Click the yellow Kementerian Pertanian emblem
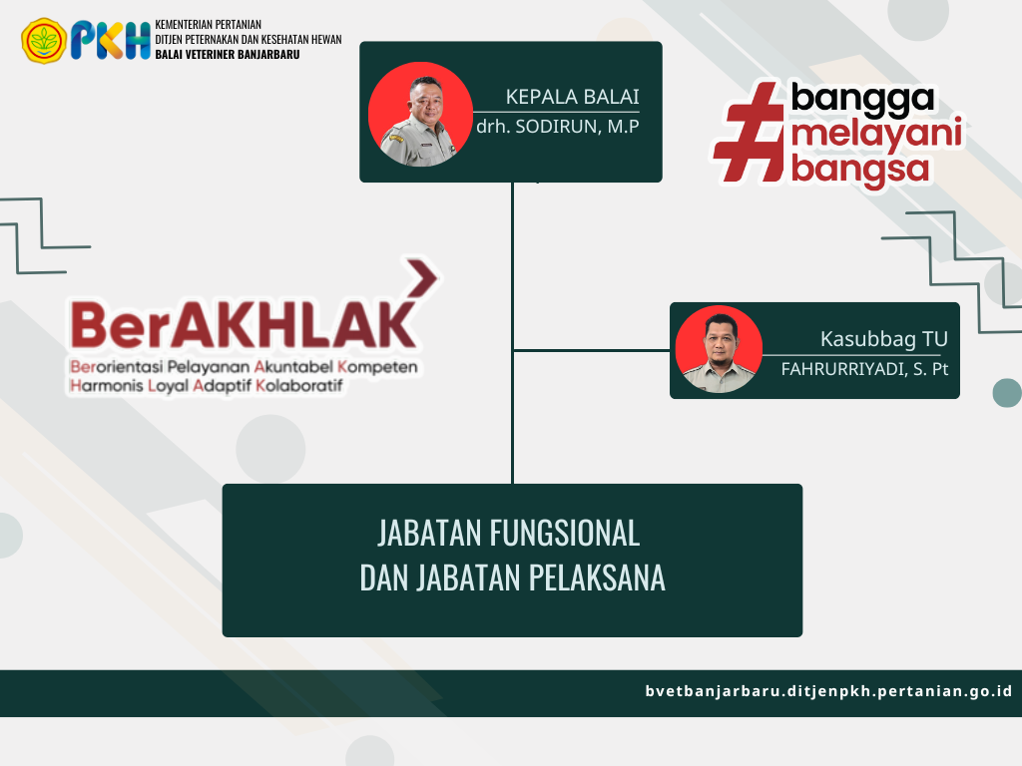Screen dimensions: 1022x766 coord(44,40)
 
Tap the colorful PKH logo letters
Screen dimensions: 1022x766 coord(111,40)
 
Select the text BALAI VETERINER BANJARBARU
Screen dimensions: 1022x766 coord(228,55)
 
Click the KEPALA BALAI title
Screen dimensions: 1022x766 coord(572,97)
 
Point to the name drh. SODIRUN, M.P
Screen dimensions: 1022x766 coord(557,127)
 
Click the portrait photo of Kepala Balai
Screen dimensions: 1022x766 coord(420,114)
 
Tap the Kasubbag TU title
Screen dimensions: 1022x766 coord(884,339)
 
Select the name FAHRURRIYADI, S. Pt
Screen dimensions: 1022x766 coord(864,369)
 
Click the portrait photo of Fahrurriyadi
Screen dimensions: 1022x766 coord(719,349)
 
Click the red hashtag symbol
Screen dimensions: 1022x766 coord(750,133)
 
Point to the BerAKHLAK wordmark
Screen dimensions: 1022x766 coord(244,324)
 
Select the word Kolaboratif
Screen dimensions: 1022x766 coord(299,386)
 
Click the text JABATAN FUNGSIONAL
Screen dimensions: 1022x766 coord(509,533)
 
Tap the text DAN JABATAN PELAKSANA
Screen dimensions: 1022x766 coord(512,577)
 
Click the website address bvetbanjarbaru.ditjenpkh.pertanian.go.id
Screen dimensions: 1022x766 coord(828,691)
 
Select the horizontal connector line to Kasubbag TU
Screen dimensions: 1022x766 coord(592,350)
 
